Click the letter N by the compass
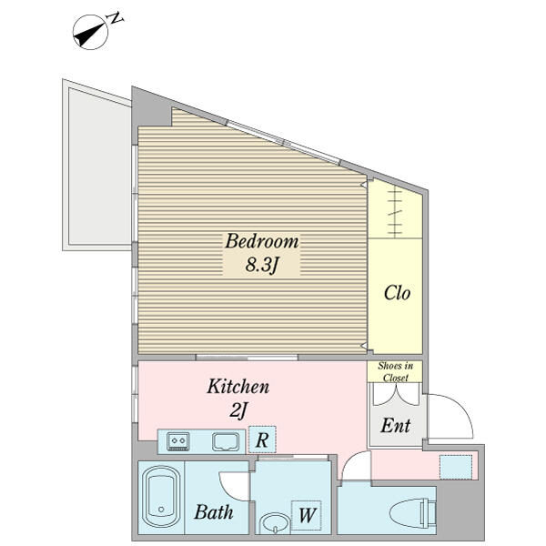pos(116,18)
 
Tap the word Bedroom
pos(261,241)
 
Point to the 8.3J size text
pos(261,265)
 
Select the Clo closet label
pos(397,293)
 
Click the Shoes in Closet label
pos(396,371)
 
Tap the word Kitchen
pos(238,387)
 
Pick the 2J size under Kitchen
pos(238,410)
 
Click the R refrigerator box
pos(262,440)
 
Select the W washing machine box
pos(307,515)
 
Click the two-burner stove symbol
pos(178,441)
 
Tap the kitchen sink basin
pos(226,441)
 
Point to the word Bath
pos(214,512)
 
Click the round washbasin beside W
pos(275,522)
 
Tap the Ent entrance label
pos(396,426)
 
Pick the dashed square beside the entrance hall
pos(456,467)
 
